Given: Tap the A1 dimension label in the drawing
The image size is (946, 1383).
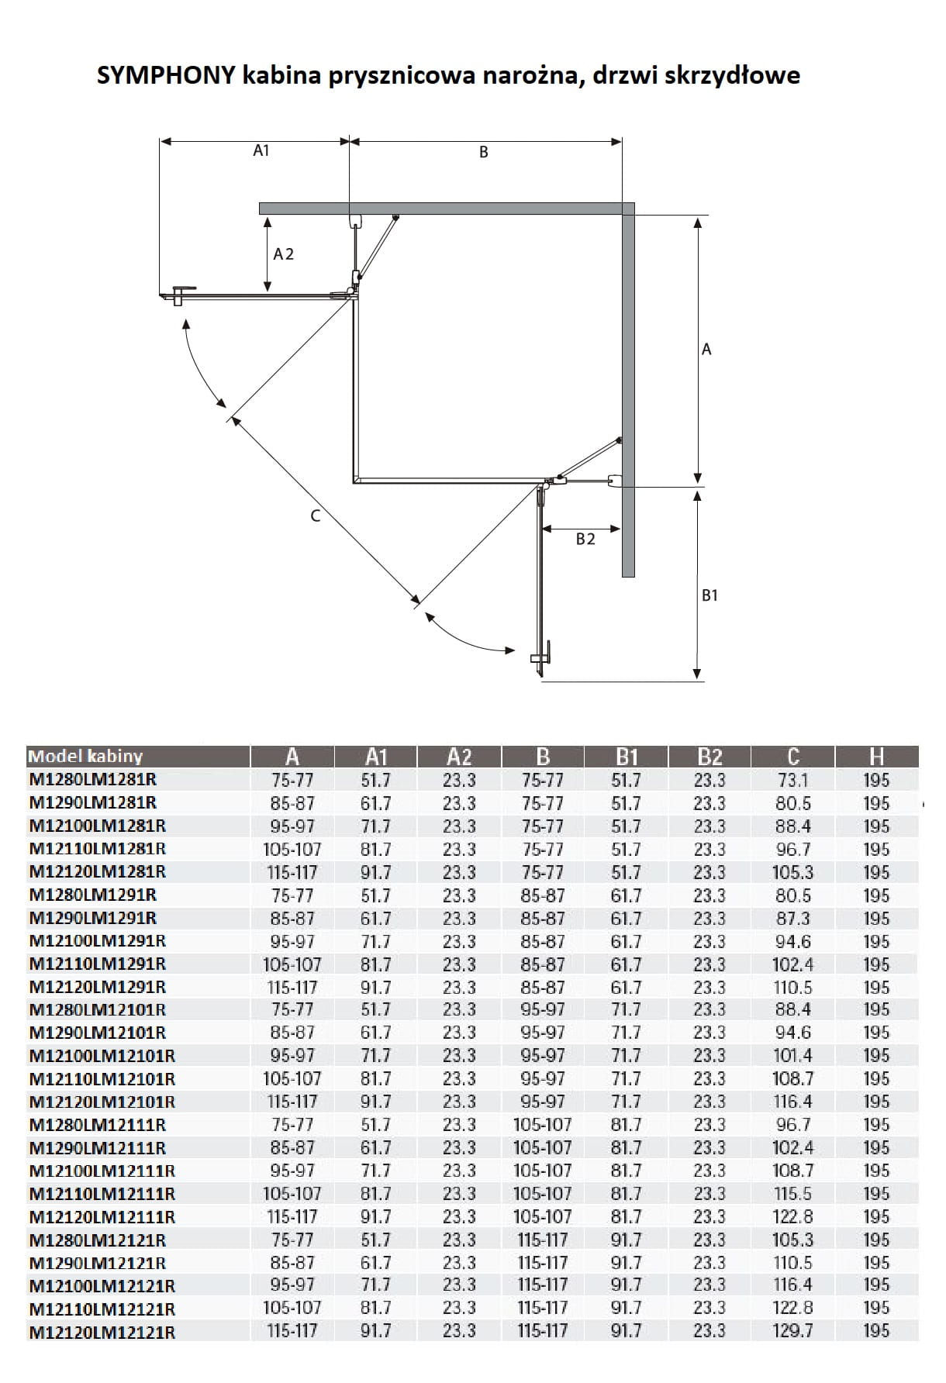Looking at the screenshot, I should pyautogui.click(x=261, y=150).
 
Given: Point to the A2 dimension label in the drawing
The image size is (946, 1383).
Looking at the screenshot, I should pyautogui.click(x=284, y=254).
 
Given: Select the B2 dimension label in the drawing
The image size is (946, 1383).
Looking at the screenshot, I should pyautogui.click(x=585, y=539).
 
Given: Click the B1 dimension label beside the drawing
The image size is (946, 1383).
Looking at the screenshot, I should pyautogui.click(x=709, y=595).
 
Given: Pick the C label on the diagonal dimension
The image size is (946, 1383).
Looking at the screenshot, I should pyautogui.click(x=316, y=516).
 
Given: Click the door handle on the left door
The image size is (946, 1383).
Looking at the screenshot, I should pyautogui.click(x=179, y=294).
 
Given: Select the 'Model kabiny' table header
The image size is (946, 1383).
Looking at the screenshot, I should pyautogui.click(x=85, y=757).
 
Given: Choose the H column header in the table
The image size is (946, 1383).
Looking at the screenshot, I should pyautogui.click(x=876, y=757).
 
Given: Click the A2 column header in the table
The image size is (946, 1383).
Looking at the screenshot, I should pyautogui.click(x=459, y=757).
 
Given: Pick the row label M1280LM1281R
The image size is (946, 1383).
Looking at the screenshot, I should pyautogui.click(x=93, y=780).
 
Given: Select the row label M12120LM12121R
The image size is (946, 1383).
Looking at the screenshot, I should pyautogui.click(x=102, y=1333).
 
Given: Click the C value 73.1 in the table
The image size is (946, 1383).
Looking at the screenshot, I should pyautogui.click(x=792, y=780).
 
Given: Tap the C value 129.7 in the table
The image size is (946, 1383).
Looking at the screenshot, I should pyautogui.click(x=792, y=1331).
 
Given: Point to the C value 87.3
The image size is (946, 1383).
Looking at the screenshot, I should pyautogui.click(x=792, y=919).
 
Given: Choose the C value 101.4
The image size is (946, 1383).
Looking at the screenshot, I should pyautogui.click(x=792, y=1056).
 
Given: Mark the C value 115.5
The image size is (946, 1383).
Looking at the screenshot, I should pyautogui.click(x=792, y=1194).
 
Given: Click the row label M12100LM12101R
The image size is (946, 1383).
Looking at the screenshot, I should pyautogui.click(x=102, y=1056).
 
